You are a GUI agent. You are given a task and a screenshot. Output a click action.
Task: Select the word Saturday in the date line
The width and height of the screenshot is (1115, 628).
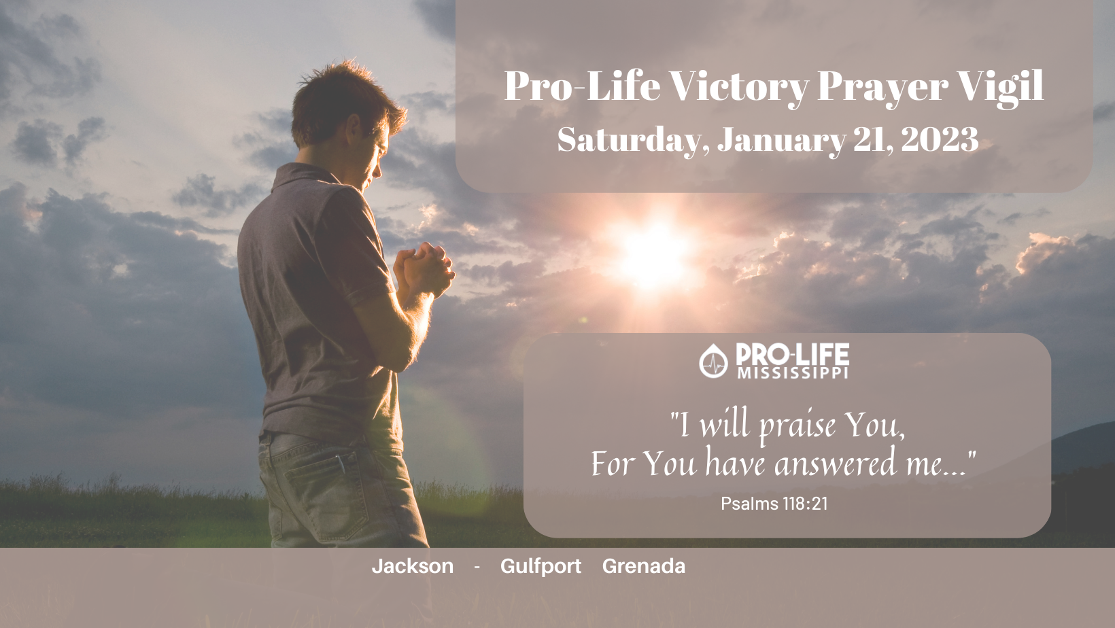633,140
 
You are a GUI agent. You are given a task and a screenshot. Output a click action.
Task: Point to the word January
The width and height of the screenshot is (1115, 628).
781,140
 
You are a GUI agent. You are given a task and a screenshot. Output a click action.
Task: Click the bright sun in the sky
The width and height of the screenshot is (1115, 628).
651,254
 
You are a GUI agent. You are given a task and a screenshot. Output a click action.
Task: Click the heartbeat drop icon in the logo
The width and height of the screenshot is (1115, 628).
713,361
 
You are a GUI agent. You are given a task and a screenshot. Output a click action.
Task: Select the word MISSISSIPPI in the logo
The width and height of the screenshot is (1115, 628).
793,373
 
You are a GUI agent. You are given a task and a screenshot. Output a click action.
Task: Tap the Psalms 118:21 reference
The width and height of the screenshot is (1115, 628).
774,504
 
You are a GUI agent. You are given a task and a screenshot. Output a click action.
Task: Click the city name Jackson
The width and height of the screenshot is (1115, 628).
412,566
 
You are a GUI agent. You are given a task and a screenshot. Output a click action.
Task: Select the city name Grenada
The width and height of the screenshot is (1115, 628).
644,566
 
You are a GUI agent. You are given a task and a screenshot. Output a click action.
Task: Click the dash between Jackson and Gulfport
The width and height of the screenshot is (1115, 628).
477,567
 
